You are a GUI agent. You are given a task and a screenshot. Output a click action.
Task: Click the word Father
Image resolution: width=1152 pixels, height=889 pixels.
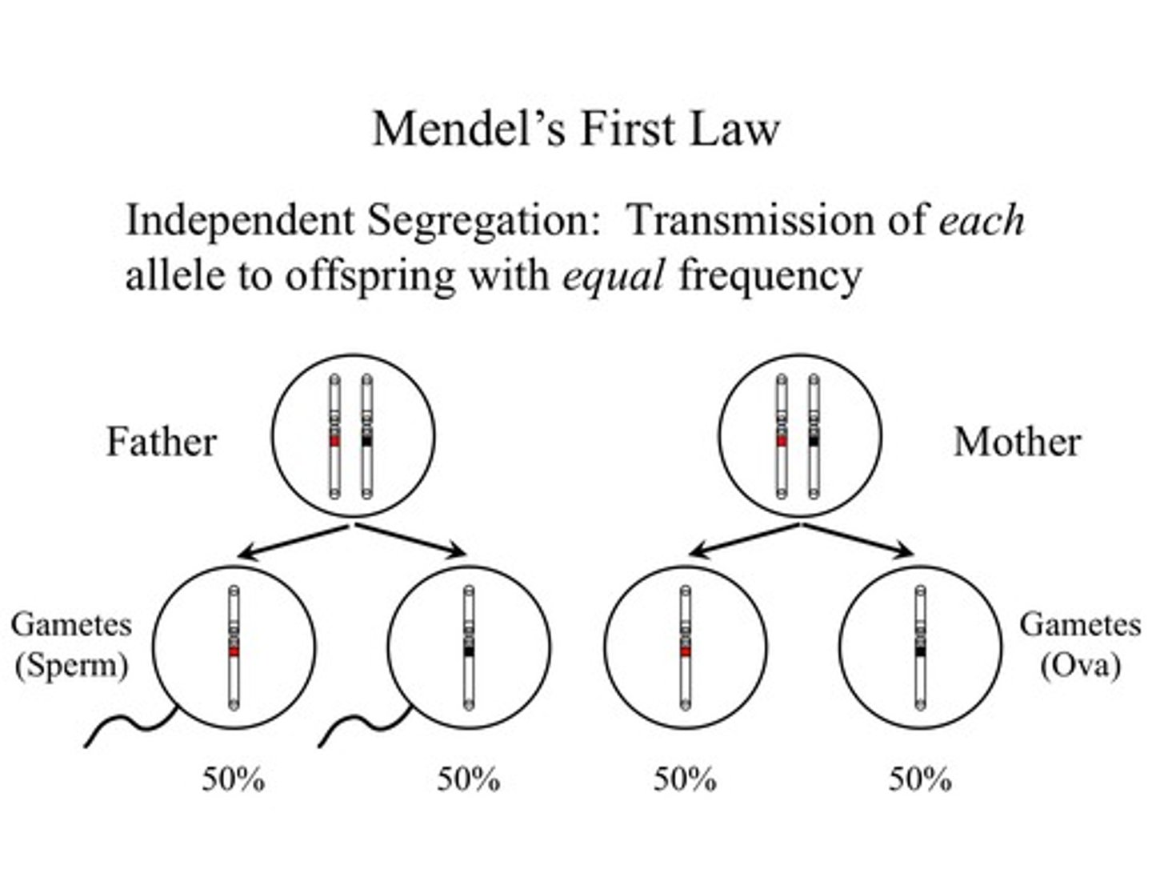pyautogui.click(x=162, y=442)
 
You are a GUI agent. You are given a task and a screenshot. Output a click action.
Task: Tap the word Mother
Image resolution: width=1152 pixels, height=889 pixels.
pyautogui.click(x=1017, y=442)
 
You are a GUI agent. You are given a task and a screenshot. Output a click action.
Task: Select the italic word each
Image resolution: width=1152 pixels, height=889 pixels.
pyautogui.click(x=981, y=221)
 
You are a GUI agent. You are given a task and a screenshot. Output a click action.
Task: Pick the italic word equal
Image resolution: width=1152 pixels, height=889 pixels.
pyautogui.click(x=613, y=276)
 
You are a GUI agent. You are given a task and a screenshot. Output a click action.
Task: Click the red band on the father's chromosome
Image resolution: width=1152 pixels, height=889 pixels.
pyautogui.click(x=334, y=441)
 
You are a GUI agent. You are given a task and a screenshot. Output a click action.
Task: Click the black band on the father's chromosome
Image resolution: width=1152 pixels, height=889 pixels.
pyautogui.click(x=366, y=441)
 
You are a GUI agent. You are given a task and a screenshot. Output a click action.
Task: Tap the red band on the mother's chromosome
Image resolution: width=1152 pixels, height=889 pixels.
pyautogui.click(x=782, y=441)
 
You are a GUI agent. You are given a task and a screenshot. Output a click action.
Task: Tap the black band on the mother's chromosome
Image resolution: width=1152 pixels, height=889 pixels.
pyautogui.click(x=814, y=441)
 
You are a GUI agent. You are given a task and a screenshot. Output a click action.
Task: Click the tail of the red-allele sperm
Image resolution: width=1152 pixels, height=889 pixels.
pyautogui.click(x=128, y=727)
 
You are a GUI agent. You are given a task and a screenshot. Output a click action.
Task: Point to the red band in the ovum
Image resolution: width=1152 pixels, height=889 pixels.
pyautogui.click(x=686, y=651)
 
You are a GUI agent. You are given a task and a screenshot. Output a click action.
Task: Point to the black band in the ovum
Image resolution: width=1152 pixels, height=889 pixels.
pyautogui.click(x=921, y=651)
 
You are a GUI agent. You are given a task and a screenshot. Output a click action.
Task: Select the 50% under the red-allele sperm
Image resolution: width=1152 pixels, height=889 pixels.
pyautogui.click(x=233, y=779)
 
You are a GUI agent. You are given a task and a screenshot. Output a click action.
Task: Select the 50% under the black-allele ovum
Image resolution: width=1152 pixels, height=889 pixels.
pyautogui.click(x=920, y=779)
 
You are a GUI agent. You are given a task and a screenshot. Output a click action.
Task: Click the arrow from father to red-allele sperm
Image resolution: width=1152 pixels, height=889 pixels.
pyautogui.click(x=292, y=541)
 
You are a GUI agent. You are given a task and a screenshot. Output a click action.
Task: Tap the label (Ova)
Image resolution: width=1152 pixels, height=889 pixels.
pyautogui.click(x=1079, y=666)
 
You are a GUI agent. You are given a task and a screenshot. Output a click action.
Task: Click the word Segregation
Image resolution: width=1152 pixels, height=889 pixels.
pyautogui.click(x=478, y=221)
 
